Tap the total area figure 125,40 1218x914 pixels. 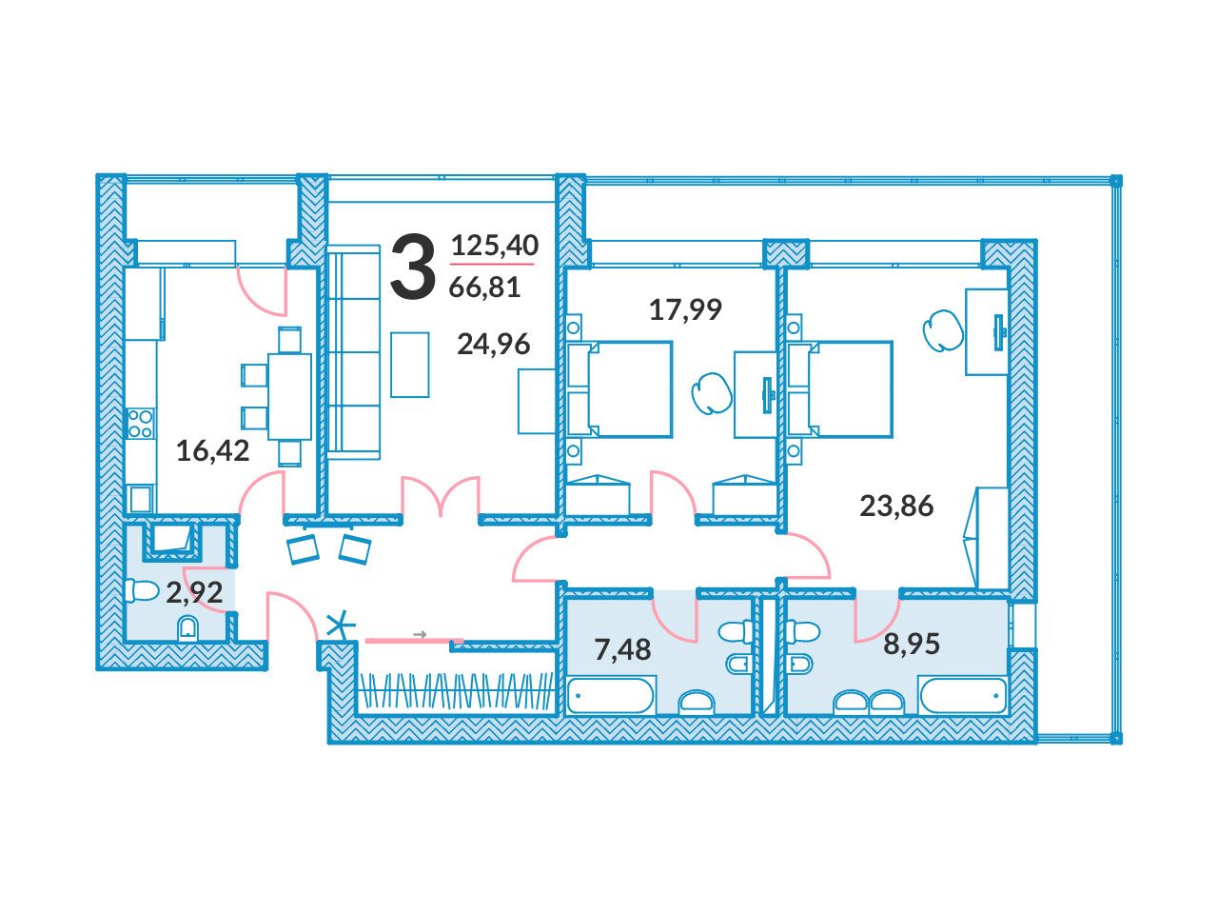(x=495, y=245)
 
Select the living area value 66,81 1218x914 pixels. (x=484, y=287)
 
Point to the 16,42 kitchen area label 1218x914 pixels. (x=212, y=450)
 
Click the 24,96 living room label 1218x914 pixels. (x=493, y=344)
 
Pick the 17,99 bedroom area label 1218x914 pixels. (x=685, y=309)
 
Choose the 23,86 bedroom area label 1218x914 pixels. (x=896, y=506)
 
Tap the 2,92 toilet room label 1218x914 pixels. (x=195, y=593)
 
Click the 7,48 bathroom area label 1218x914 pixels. (x=622, y=649)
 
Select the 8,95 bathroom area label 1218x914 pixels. (x=912, y=644)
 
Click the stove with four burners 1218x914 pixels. (x=141, y=424)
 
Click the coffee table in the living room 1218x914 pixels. (x=409, y=365)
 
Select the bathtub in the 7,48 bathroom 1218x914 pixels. (x=612, y=695)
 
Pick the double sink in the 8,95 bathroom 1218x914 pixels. (x=870, y=702)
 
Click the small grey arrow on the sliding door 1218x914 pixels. (x=420, y=634)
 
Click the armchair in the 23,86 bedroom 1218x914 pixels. (x=942, y=330)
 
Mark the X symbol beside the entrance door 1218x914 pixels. (x=340, y=626)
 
